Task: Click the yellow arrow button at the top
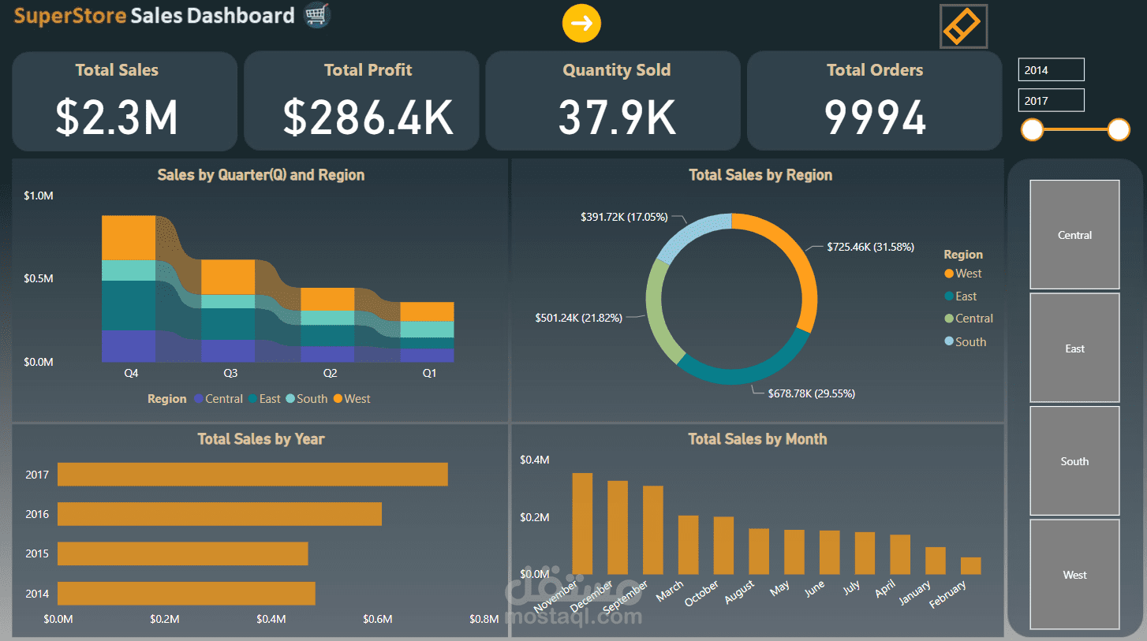pos(581,24)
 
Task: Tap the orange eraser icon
pos(963,26)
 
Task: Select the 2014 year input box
pos(1051,70)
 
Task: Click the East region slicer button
pos(1074,348)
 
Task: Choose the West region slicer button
pos(1074,575)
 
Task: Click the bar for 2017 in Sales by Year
pos(252,475)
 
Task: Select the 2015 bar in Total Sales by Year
pos(182,553)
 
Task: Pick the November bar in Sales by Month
pos(582,524)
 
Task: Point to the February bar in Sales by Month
pos(970,565)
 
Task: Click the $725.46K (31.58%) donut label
pos(870,247)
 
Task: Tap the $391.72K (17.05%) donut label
pos(624,216)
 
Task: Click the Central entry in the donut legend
pos(973,319)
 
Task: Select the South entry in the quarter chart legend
pos(311,399)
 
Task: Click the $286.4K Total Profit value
pos(368,117)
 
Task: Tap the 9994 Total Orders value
pos(874,117)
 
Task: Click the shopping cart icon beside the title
pos(317,15)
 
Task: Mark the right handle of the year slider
pos(1118,130)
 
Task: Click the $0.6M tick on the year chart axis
pos(378,619)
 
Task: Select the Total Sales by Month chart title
pos(757,439)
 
